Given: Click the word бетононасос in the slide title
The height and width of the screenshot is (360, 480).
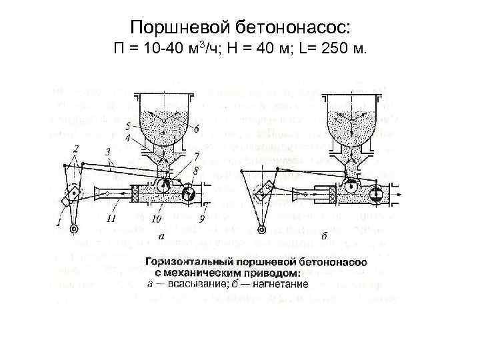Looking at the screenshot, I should pyautogui.click(x=279, y=27).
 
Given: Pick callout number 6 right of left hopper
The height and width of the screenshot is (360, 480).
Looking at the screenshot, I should pyautogui.click(x=197, y=128).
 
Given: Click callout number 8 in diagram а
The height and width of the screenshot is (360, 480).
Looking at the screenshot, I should pyautogui.click(x=195, y=171).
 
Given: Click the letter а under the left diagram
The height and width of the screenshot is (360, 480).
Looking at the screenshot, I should pyautogui.click(x=161, y=235).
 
